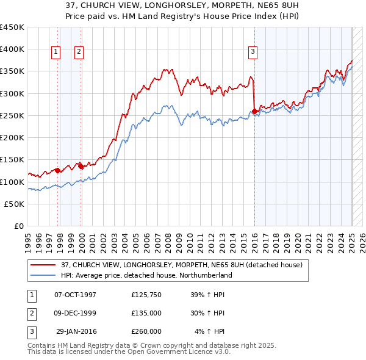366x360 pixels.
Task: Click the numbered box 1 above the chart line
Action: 56,52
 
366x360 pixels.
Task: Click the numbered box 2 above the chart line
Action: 79,52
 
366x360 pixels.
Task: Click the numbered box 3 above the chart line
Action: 253,52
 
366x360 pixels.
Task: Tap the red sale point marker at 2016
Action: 254,111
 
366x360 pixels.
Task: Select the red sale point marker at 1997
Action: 57,170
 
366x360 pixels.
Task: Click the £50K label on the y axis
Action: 15,204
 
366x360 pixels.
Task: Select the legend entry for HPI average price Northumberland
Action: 146,275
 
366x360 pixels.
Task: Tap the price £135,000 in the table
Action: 146,313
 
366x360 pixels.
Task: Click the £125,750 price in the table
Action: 146,295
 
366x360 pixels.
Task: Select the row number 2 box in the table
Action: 30,313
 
